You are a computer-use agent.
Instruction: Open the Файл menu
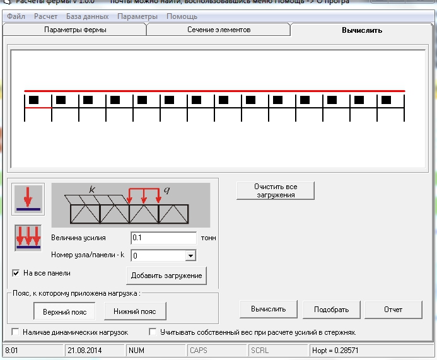coord(16,16)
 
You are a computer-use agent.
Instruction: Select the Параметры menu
coord(137,16)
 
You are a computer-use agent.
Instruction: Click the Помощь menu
coord(182,16)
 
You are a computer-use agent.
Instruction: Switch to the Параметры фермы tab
coord(75,30)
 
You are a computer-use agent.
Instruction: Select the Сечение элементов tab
coord(219,30)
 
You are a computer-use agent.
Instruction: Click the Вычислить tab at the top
coord(362,30)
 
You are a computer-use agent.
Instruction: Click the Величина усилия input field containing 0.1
coord(164,238)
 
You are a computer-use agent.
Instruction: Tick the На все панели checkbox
coord(16,274)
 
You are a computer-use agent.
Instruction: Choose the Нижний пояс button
coord(135,311)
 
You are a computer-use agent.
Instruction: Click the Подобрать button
coord(331,309)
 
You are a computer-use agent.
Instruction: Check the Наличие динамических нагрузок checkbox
coord(16,332)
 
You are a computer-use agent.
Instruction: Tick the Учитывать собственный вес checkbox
coord(153,332)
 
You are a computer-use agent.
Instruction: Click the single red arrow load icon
coord(28,199)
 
